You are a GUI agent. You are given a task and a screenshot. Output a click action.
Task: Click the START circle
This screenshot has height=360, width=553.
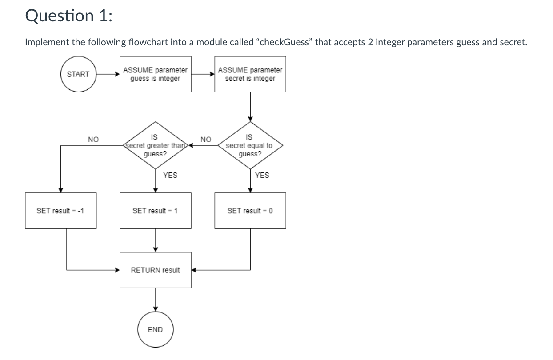tap(78, 74)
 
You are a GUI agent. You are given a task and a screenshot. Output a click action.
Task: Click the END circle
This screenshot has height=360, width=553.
tap(155, 329)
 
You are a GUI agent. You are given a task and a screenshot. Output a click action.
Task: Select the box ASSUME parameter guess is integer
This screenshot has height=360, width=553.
tap(156, 74)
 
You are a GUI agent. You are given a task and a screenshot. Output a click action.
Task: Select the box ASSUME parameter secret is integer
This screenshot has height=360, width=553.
tap(250, 74)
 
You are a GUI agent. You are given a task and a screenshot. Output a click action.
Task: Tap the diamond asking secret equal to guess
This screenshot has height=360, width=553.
tap(250, 145)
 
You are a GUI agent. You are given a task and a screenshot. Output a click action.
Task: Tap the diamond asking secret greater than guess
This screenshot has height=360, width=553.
tap(156, 145)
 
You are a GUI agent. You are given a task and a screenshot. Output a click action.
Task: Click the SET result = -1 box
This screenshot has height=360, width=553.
tap(60, 211)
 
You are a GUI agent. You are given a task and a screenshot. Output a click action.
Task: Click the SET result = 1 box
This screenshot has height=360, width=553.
tap(156, 211)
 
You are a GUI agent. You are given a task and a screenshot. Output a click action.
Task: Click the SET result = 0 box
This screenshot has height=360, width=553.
tap(250, 211)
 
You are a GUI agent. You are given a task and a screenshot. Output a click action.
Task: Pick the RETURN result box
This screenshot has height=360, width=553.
tap(156, 270)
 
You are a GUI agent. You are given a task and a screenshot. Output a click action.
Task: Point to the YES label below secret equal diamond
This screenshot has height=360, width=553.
tap(262, 175)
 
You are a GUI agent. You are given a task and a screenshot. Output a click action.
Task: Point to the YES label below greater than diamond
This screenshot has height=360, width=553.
tap(170, 175)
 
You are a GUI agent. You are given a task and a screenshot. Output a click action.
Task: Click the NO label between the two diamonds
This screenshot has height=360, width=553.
tap(205, 139)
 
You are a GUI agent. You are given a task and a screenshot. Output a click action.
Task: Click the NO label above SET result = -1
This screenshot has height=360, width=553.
tap(93, 139)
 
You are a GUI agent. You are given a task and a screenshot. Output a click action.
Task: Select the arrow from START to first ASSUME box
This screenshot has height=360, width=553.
tap(108, 74)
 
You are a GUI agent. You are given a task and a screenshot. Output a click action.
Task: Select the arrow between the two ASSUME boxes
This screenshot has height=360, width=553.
tap(203, 74)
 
